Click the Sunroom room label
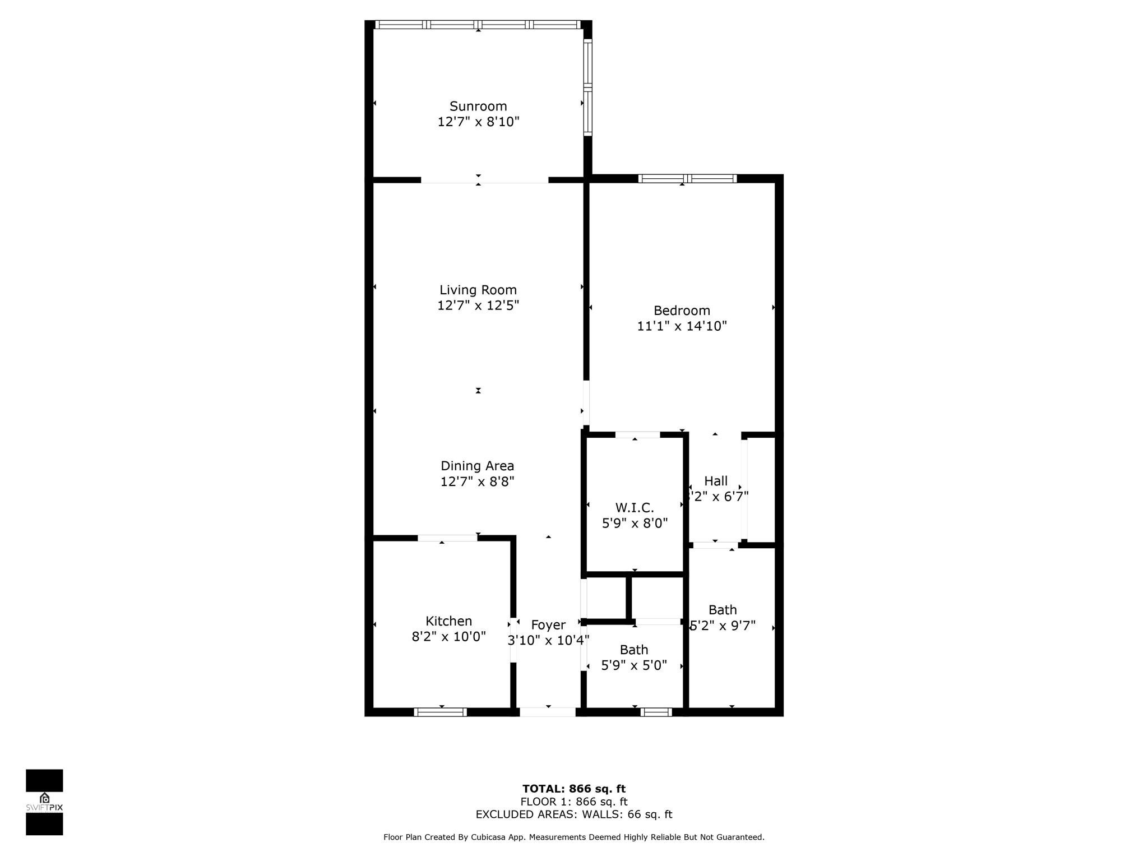[x=478, y=106]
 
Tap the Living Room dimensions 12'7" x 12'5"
[x=478, y=305]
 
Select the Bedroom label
[x=682, y=311]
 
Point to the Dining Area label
[x=477, y=466]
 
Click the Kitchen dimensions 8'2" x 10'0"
[x=448, y=637]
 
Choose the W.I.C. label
[x=635, y=508]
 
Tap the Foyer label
[x=548, y=625]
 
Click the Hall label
[x=716, y=481]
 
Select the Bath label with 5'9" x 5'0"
[x=634, y=650]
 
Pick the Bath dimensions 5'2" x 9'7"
[x=723, y=626]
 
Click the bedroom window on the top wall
[x=687, y=179]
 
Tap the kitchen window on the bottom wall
[x=441, y=712]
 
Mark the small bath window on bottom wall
[x=656, y=712]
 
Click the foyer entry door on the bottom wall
[x=548, y=712]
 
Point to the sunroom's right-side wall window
[x=587, y=87]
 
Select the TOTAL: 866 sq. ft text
[x=574, y=789]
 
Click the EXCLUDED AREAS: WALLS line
[x=574, y=814]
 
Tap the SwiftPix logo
[x=44, y=802]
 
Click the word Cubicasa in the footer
[x=485, y=837]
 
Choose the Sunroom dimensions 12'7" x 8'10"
[x=478, y=122]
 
